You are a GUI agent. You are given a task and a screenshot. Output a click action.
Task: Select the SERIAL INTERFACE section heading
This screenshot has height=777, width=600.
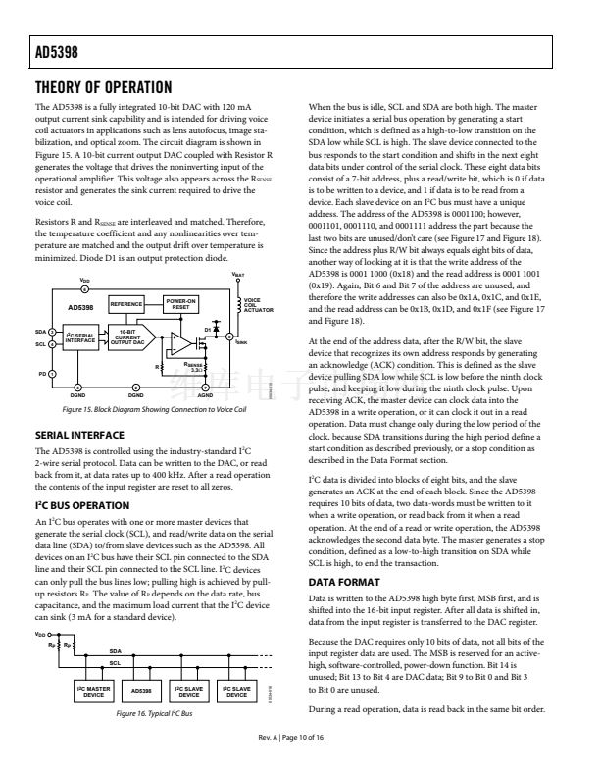[79, 461]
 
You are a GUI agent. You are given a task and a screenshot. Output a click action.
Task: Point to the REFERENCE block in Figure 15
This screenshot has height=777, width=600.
[126, 305]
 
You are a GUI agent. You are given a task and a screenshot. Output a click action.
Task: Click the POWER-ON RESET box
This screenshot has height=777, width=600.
[181, 305]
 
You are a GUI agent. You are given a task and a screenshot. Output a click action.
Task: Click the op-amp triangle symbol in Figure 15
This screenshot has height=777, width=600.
[180, 342]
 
